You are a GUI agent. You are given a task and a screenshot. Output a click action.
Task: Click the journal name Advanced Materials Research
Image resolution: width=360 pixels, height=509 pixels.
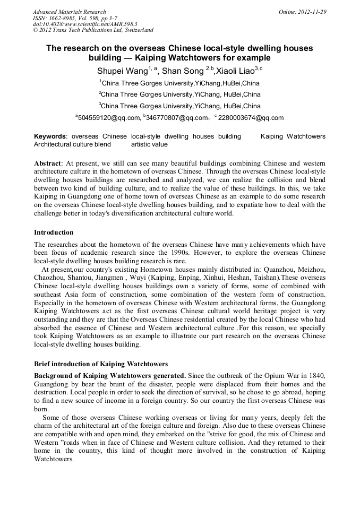(x=69, y=12)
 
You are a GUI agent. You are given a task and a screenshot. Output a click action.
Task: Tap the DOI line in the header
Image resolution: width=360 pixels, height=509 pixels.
(x=85, y=24)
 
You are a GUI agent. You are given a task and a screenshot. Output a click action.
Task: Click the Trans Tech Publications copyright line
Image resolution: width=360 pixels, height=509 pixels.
(x=93, y=30)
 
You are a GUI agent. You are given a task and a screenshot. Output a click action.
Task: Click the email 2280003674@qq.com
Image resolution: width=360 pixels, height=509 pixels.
(x=251, y=118)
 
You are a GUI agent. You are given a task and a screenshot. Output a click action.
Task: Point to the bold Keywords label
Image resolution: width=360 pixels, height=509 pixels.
(x=50, y=136)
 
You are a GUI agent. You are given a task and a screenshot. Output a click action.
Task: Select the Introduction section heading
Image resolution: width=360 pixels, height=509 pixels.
(x=54, y=232)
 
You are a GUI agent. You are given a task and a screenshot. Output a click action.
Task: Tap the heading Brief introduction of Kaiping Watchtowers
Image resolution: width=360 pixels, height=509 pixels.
(x=101, y=364)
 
